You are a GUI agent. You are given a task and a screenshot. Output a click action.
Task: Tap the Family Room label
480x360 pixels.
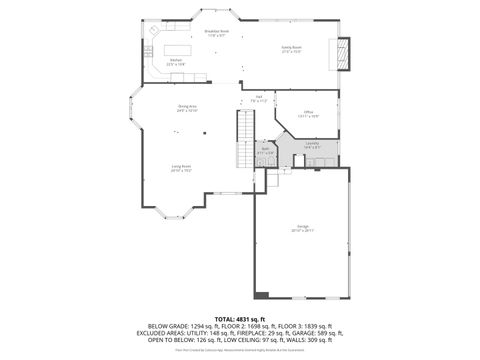[292, 48]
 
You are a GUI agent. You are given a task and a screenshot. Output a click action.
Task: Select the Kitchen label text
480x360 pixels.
[175, 62]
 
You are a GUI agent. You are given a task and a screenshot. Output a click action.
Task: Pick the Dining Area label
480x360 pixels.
[187, 108]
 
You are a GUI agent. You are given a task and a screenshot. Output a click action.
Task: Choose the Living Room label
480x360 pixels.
[181, 168]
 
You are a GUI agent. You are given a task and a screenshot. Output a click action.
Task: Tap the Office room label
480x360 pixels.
[309, 113]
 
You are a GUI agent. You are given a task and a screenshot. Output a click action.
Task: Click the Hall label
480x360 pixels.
[258, 98]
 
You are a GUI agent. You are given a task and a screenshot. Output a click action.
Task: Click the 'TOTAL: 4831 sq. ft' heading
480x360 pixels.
[240, 318]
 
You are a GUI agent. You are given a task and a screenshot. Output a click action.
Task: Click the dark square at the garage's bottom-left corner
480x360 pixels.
[262, 295]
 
